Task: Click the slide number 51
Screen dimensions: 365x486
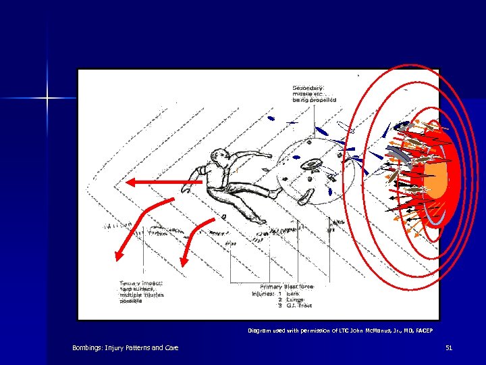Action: click(x=449, y=347)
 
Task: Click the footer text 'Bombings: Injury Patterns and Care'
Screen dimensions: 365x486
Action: click(x=126, y=347)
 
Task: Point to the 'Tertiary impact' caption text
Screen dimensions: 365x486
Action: click(x=141, y=291)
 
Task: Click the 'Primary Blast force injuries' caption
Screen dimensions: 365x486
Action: click(x=282, y=289)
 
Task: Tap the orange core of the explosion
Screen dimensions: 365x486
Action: click(x=437, y=179)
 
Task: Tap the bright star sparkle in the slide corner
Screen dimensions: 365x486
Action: click(x=48, y=99)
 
